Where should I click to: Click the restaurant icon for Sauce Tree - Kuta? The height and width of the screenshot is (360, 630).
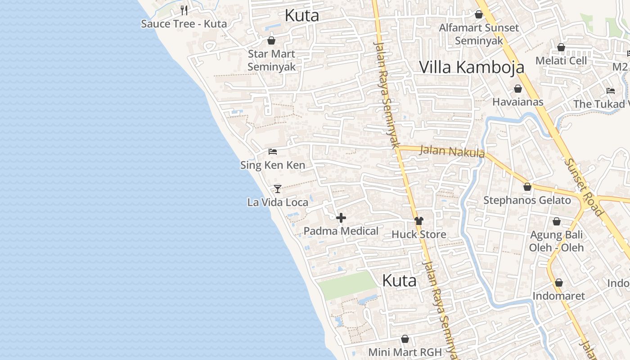coord(184,10)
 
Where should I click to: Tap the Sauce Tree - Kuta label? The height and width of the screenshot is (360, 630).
coord(184,24)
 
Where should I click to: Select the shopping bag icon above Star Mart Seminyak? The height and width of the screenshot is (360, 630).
coord(271,40)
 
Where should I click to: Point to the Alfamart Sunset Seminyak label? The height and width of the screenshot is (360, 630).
coord(479,34)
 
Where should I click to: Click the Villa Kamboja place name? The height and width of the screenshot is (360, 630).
coord(472,67)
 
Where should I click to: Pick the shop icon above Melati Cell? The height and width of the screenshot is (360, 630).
coord(561,47)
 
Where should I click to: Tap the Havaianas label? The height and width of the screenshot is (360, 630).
coord(517,102)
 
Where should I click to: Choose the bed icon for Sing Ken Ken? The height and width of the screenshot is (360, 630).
coord(273,152)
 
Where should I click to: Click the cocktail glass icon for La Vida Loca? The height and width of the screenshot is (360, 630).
coord(278,189)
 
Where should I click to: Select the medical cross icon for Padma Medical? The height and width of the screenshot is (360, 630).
coord(341,218)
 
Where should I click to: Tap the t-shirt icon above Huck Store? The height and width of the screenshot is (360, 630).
coord(419,221)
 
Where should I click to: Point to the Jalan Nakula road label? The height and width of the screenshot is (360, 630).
coord(452,151)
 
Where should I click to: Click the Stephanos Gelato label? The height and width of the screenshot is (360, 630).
coord(527,200)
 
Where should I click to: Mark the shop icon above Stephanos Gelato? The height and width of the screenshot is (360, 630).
coord(527,186)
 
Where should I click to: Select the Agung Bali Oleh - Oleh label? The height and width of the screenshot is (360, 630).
coord(556,241)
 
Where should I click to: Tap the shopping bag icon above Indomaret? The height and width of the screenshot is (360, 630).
coord(558,283)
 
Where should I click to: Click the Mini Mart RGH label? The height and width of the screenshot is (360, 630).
coord(405,352)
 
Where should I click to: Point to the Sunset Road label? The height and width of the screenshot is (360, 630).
coord(584,187)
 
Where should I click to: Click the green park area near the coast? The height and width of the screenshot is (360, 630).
coord(347,285)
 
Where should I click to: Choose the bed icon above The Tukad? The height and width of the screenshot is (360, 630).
coord(610,90)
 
